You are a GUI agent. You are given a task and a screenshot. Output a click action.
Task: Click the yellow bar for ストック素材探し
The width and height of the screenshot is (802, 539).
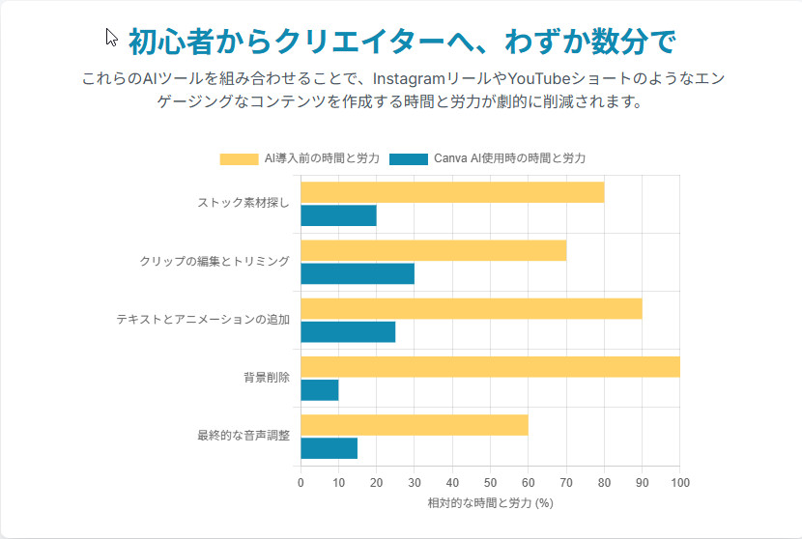click(x=452, y=192)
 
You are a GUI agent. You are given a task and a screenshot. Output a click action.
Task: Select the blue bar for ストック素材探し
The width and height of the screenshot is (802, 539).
click(x=338, y=215)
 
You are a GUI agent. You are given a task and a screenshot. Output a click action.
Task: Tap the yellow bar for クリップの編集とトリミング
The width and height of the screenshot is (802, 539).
click(x=433, y=250)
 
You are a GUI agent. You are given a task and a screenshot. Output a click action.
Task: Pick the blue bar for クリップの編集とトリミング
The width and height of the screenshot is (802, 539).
click(x=358, y=273)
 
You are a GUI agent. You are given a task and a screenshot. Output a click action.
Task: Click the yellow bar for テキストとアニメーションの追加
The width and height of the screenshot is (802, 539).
click(x=471, y=308)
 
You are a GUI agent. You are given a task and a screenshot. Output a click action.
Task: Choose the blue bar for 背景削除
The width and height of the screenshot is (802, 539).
click(x=320, y=389)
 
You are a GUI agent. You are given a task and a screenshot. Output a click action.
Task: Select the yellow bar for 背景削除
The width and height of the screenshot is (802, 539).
click(x=490, y=366)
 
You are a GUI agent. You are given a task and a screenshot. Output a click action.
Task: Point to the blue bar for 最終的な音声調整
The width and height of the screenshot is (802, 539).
click(x=329, y=447)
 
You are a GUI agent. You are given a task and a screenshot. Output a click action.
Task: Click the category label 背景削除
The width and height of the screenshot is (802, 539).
click(x=267, y=378)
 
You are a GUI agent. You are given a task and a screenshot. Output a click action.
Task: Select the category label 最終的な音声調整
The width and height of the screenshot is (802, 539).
click(x=243, y=436)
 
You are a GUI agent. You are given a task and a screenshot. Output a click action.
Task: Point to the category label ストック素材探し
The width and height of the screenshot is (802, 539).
click(x=243, y=204)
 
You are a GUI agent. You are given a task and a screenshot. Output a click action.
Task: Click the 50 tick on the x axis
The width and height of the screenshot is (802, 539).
click(x=490, y=482)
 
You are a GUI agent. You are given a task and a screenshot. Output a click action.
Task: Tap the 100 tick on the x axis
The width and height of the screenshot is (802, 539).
click(x=679, y=482)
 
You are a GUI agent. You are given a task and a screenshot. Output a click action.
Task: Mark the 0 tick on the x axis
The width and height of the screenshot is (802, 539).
click(x=301, y=482)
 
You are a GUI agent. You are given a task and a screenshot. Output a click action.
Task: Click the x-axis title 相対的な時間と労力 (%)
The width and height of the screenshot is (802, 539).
click(x=490, y=503)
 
